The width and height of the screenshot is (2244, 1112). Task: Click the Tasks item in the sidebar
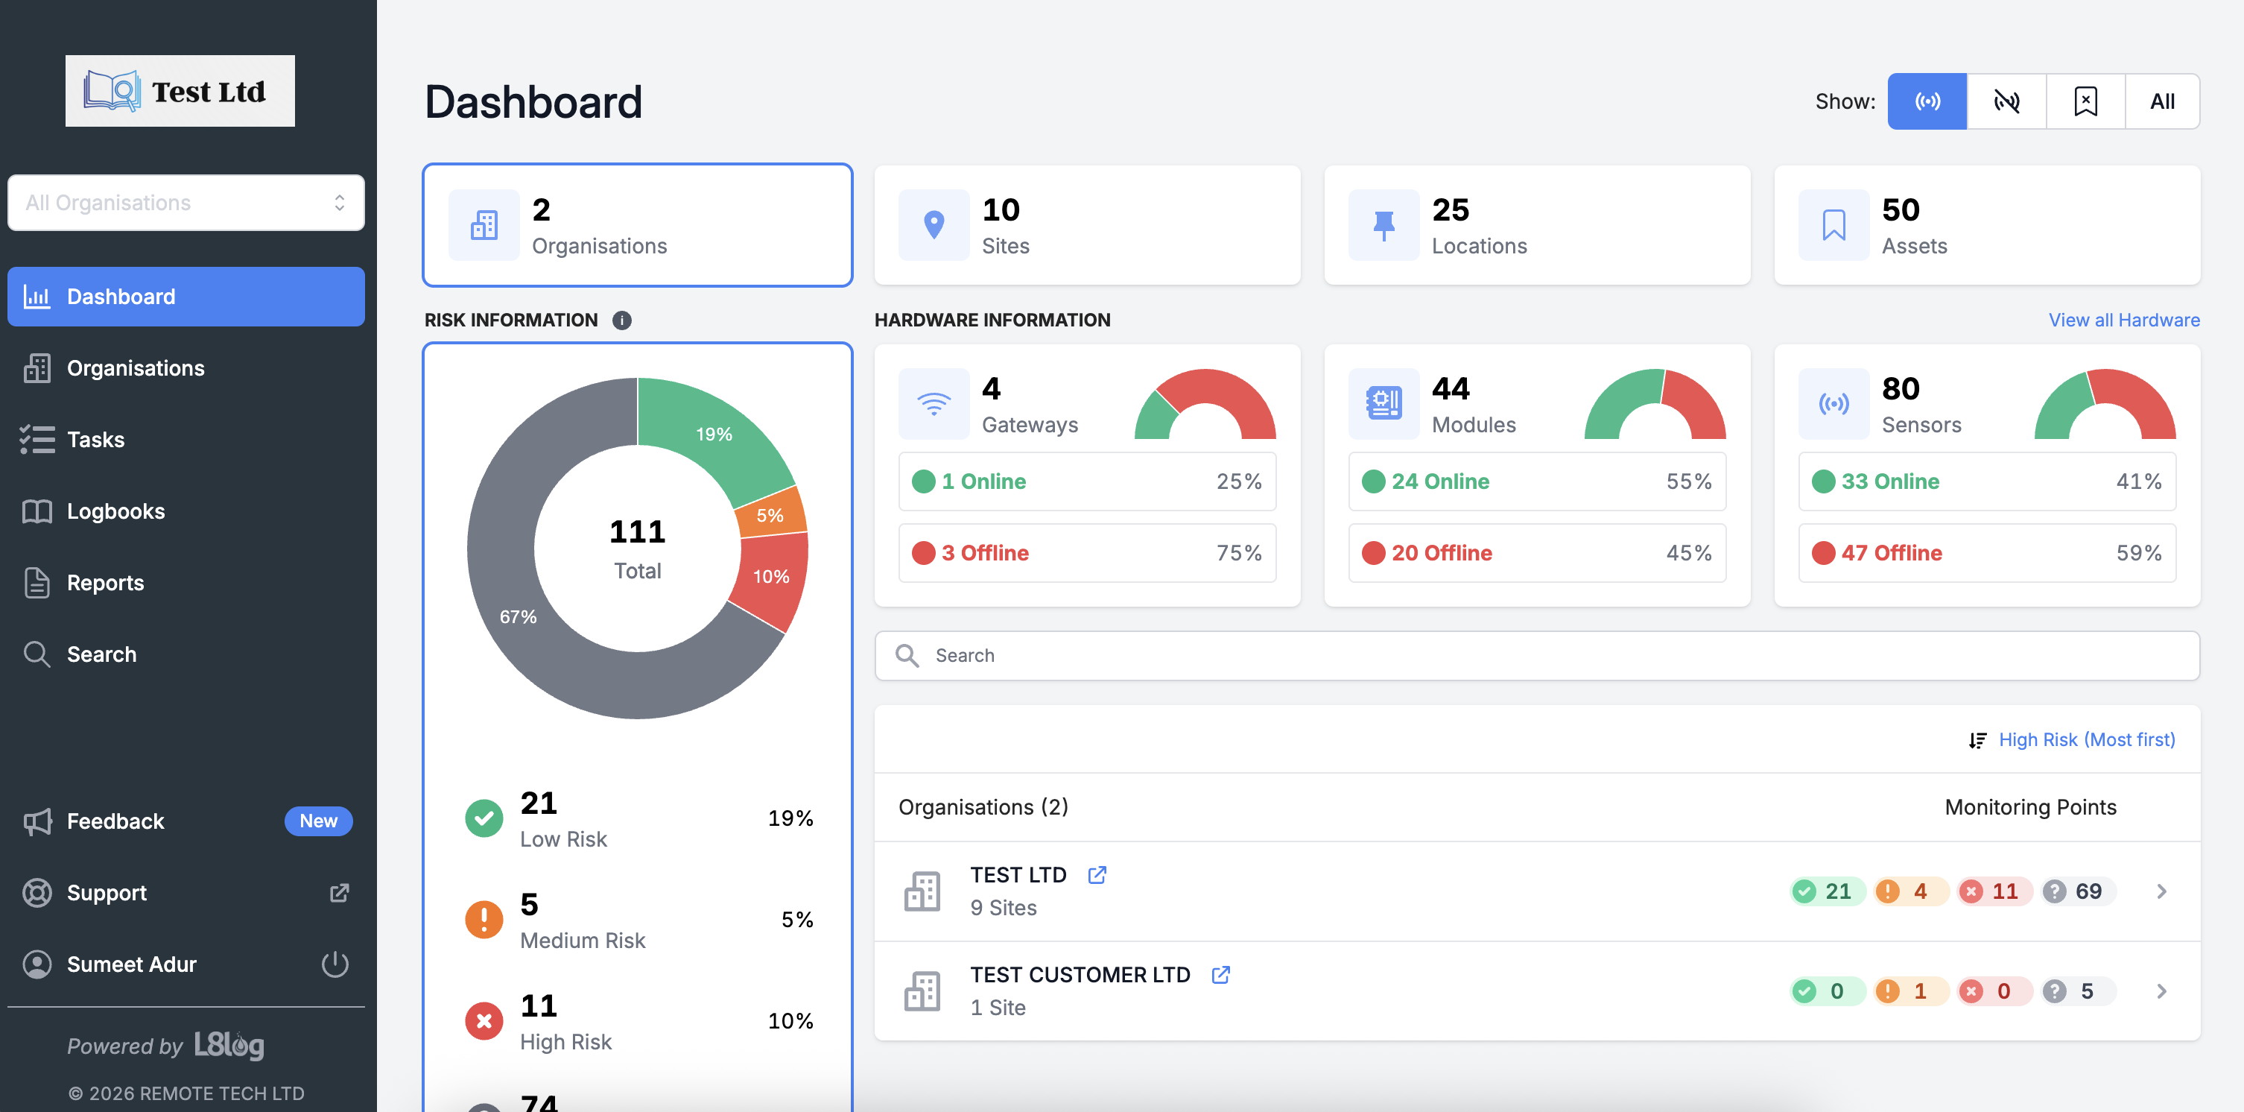pyautogui.click(x=96, y=440)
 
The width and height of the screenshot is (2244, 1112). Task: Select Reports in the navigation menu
pyautogui.click(x=104, y=583)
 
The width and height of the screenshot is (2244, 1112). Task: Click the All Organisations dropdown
pyautogui.click(x=186, y=203)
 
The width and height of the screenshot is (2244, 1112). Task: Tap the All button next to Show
pyautogui.click(x=2161, y=102)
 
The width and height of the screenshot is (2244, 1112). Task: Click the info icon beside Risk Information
pyautogui.click(x=622, y=320)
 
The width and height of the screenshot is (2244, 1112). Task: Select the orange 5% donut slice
pyautogui.click(x=771, y=515)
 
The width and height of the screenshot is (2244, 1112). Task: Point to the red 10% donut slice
pyautogui.click(x=770, y=576)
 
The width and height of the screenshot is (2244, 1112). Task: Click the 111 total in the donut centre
pyautogui.click(x=637, y=531)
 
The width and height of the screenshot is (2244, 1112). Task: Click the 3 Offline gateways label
pyautogui.click(x=984, y=553)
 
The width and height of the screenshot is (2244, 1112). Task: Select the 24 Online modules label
pyautogui.click(x=1440, y=482)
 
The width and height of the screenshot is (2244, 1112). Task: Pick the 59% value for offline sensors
pyautogui.click(x=2139, y=553)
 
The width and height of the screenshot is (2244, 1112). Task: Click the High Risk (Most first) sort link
pyautogui.click(x=2085, y=740)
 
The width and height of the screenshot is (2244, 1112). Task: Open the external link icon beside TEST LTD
pyautogui.click(x=1097, y=875)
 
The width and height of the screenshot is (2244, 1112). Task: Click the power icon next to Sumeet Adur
pyautogui.click(x=335, y=964)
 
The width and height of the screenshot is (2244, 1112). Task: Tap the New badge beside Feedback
pyautogui.click(x=318, y=821)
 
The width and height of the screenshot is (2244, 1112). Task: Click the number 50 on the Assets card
pyautogui.click(x=1901, y=210)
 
